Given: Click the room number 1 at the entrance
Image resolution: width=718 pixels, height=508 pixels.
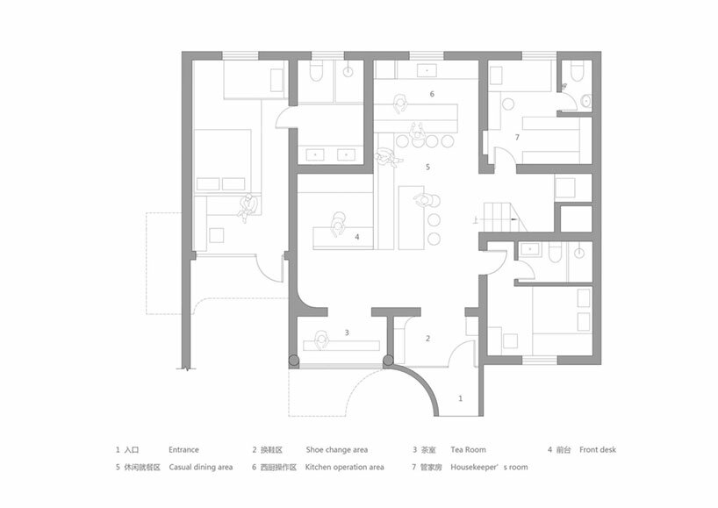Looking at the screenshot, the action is (x=460, y=398).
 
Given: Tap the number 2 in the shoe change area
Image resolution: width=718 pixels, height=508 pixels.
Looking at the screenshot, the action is (x=427, y=339).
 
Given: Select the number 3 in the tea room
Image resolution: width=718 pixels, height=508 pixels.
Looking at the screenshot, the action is (x=347, y=333).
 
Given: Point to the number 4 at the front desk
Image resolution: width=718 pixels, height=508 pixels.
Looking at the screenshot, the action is (x=357, y=237).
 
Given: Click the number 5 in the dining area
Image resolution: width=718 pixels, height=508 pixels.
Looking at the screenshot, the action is (x=427, y=167).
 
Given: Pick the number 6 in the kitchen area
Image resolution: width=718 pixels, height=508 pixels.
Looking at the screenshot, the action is (x=432, y=94).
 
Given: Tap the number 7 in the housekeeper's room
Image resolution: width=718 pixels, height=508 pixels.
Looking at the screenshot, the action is (x=517, y=137).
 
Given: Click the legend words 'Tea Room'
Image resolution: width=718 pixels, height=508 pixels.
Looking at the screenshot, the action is (x=468, y=450).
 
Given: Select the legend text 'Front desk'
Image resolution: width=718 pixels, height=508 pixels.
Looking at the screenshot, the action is (x=598, y=450).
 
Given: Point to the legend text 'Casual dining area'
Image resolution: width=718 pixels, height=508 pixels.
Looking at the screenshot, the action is (x=200, y=468).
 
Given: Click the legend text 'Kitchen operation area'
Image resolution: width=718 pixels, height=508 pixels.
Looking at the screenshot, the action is (x=344, y=468).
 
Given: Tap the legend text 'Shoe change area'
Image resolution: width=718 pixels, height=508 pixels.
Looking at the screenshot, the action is (x=336, y=450).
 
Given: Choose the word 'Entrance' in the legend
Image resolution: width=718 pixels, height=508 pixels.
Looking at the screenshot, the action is (x=183, y=450).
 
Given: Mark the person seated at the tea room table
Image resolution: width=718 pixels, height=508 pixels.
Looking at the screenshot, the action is (x=322, y=341).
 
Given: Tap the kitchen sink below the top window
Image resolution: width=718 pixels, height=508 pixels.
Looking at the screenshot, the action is (x=427, y=70).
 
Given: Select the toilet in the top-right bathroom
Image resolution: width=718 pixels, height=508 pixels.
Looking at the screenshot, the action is (x=577, y=71).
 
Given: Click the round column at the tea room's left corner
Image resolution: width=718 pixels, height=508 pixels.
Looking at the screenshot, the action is (x=294, y=361).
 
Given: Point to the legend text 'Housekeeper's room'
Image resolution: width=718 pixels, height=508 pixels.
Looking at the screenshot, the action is (x=489, y=468).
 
